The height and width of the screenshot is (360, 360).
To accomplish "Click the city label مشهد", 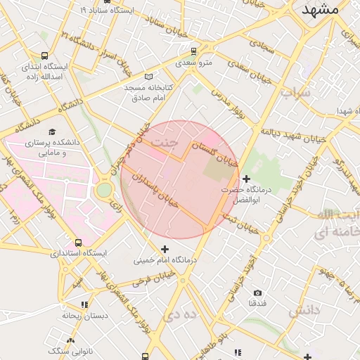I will (x=320, y=10).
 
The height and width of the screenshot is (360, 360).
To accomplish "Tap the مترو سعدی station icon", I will (x=193, y=51).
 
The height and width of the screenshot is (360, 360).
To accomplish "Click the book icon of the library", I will (x=148, y=76).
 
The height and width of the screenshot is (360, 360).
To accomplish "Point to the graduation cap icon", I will (x=51, y=131).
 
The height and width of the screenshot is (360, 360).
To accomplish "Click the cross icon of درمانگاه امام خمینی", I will (x=165, y=248).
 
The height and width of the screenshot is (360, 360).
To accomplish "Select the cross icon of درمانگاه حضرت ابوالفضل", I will (x=245, y=180).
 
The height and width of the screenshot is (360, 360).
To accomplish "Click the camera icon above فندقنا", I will (x=257, y=292).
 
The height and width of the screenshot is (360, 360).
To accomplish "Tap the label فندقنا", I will (x=257, y=303).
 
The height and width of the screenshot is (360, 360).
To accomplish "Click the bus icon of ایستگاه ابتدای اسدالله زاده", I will (x=45, y=56).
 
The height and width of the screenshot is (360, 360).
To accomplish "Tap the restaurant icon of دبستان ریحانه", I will (x=84, y=305).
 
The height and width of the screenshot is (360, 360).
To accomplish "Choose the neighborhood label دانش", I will (x=306, y=310).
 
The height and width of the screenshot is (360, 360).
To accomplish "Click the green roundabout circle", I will (x=105, y=189).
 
